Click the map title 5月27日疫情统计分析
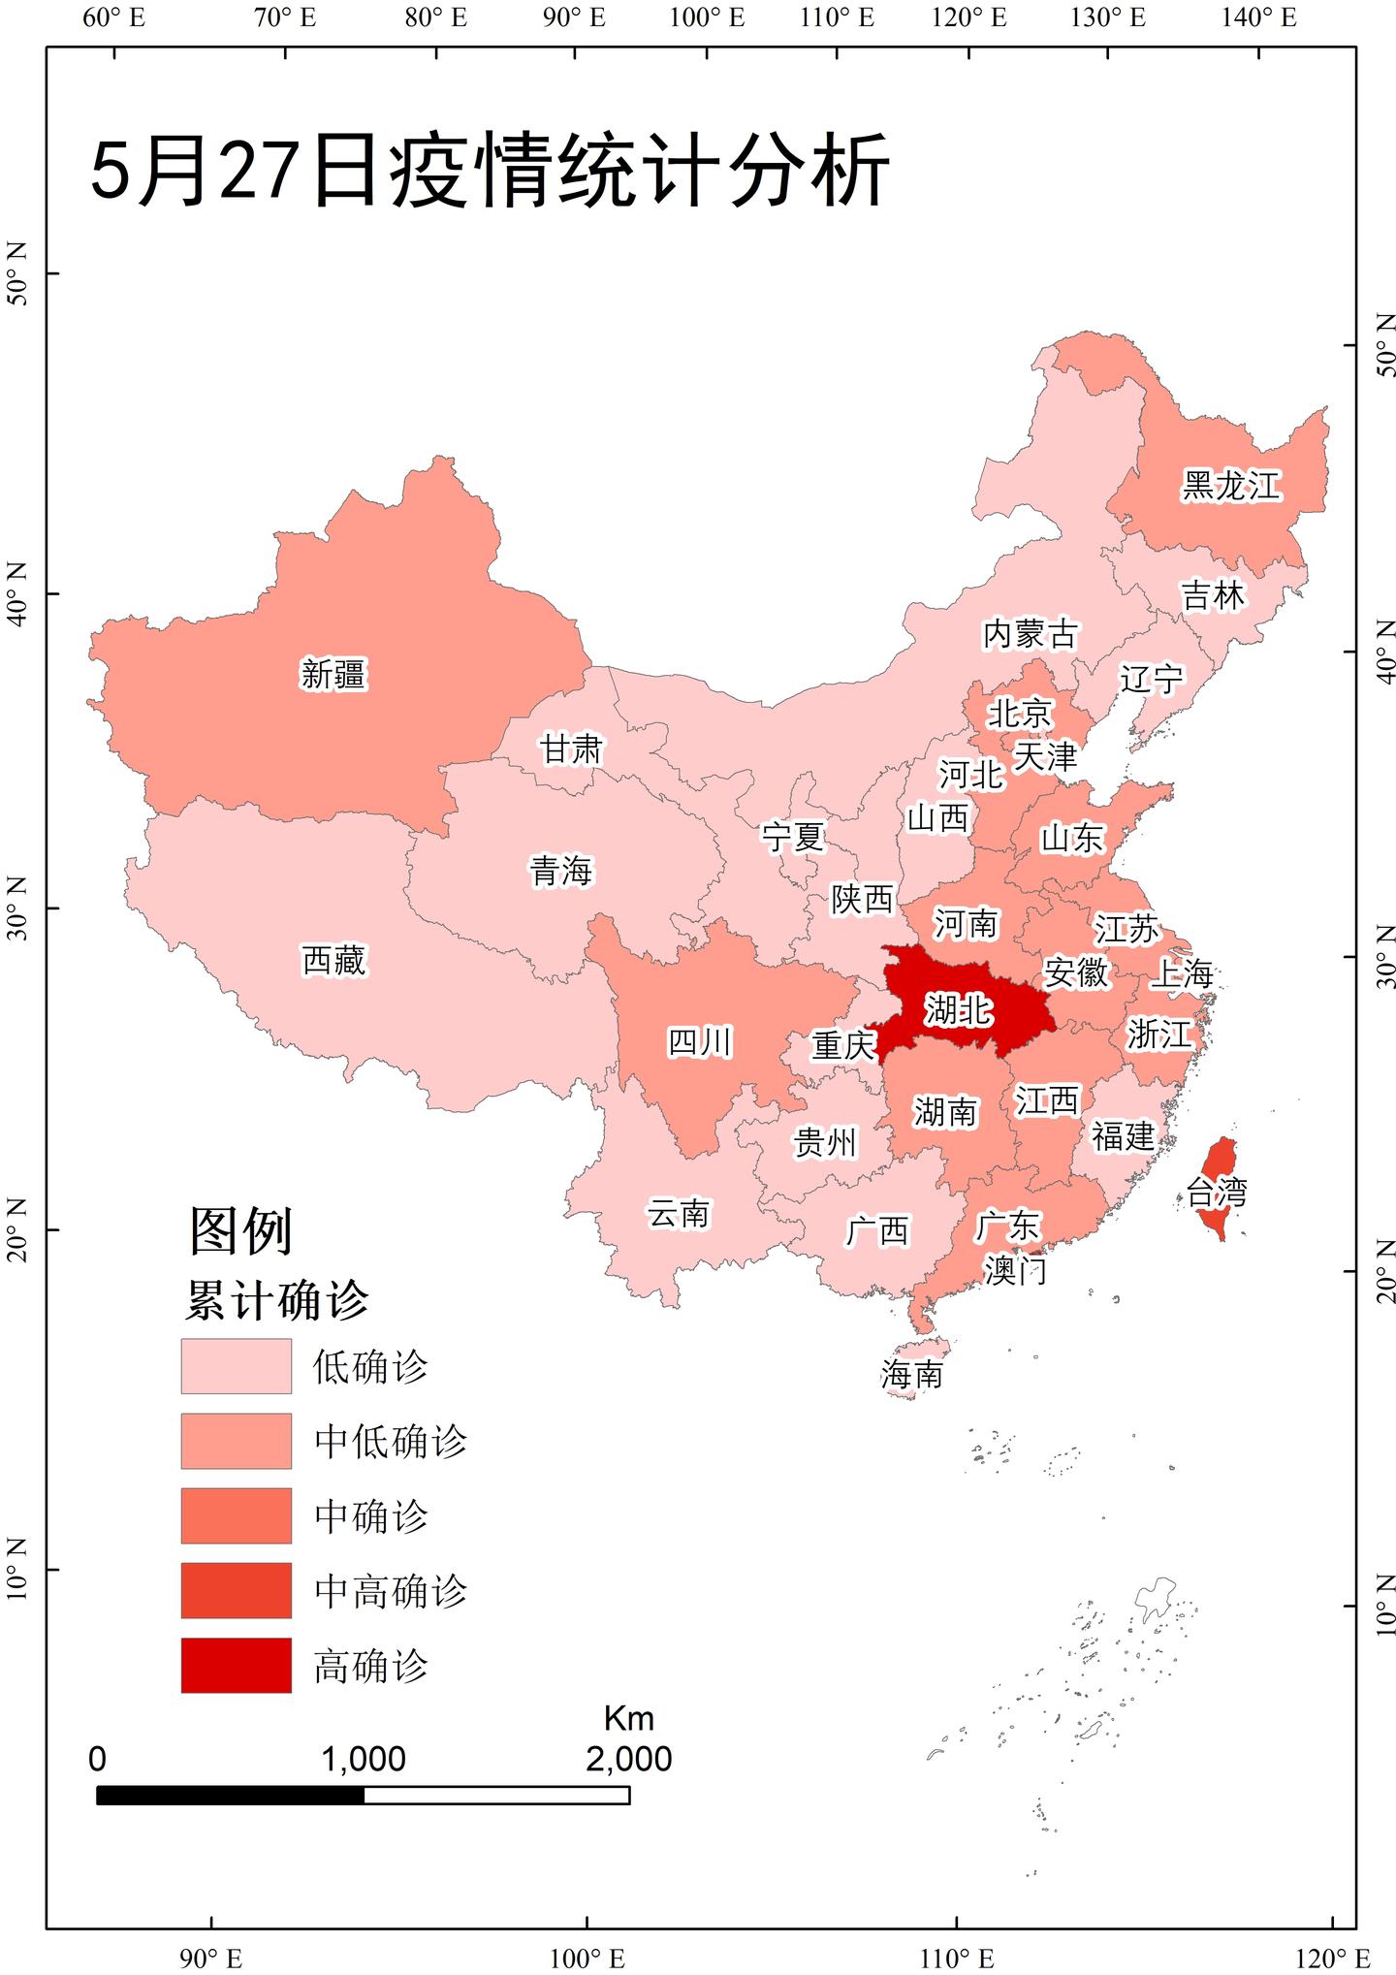[x=489, y=171]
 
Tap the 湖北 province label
[x=958, y=1010]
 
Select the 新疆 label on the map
[x=333, y=674]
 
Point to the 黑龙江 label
[x=1231, y=485]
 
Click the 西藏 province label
[x=333, y=961]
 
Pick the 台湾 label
[x=1217, y=1192]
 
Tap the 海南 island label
[x=911, y=1374]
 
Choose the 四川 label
[x=700, y=1042]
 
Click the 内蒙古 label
[x=1030, y=634]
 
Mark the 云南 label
[x=679, y=1213]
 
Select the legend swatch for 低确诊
[x=236, y=1366]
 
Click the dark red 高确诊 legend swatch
[x=236, y=1666]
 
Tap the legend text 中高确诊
[x=391, y=1591]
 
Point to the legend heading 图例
[x=240, y=1230]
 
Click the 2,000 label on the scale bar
[x=628, y=1759]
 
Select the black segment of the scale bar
[x=230, y=1796]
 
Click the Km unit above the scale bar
[x=628, y=1718]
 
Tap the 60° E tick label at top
[x=113, y=17]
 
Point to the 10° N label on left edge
[x=17, y=1570]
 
